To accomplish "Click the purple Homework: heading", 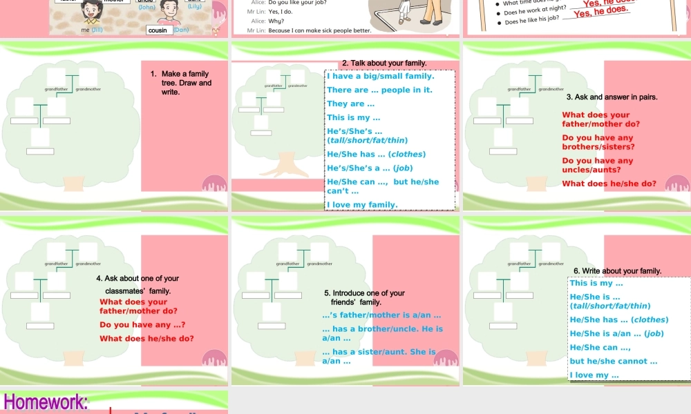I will point(46,402).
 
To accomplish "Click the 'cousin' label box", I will point(158,30).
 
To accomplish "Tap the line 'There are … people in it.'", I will point(379,90).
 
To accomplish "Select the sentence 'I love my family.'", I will point(362,204).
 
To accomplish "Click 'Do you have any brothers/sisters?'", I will point(598,142).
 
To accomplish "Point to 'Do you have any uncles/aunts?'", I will point(598,165).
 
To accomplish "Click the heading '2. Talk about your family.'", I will point(384,63).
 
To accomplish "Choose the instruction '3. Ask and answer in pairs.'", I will point(612,97).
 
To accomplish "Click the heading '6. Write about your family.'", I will point(618,271).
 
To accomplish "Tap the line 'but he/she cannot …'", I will point(613,361).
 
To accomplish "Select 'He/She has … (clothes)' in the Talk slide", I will point(376,154).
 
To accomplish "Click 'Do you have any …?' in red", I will point(142,324).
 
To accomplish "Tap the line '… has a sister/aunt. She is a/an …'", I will point(379,356).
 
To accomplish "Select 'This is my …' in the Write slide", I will point(596,283).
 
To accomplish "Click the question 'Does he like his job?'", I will point(532,22).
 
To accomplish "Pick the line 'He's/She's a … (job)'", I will point(370,168).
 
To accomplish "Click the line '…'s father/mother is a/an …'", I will point(381,315).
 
